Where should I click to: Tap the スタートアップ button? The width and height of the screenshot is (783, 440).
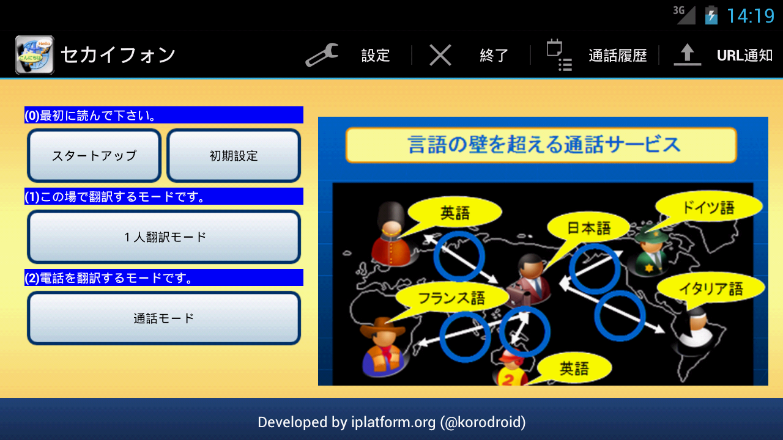point(94,156)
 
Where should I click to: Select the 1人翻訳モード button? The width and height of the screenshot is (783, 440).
point(164,237)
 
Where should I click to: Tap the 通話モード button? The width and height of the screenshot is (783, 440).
point(164,318)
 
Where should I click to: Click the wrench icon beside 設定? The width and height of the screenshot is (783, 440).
point(322,55)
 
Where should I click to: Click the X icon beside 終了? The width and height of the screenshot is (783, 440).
point(440,55)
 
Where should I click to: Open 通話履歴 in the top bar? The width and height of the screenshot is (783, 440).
point(618,56)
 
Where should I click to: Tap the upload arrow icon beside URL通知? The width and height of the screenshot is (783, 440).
point(687,55)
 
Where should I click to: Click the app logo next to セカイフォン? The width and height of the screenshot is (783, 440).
point(35,55)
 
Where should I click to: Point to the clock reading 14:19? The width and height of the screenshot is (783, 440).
point(751,16)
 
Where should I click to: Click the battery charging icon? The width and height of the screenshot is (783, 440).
point(711,15)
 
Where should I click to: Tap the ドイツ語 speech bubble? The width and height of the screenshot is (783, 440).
point(708,207)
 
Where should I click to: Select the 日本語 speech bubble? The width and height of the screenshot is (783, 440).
point(588,228)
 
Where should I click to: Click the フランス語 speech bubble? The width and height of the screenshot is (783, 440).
point(451,298)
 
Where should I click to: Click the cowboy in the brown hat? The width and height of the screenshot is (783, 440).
point(383,346)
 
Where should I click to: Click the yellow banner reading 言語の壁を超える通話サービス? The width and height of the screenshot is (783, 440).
point(541,145)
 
